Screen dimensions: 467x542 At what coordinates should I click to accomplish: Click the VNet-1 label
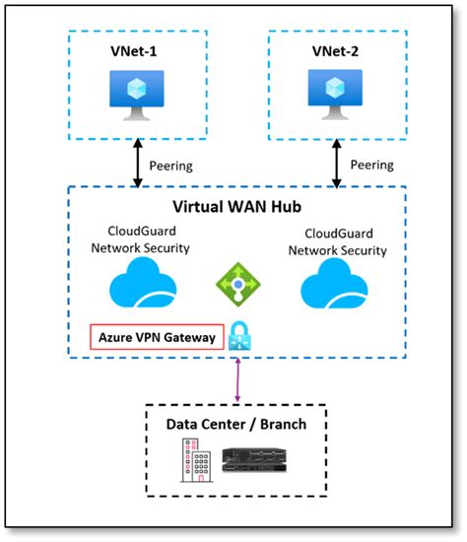[133, 51]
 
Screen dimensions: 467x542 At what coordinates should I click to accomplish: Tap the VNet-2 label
[335, 51]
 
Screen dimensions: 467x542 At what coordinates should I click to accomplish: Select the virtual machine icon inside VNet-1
[137, 96]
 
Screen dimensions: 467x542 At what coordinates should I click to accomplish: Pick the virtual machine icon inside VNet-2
[335, 95]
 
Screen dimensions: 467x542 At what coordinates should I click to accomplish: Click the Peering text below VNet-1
[170, 166]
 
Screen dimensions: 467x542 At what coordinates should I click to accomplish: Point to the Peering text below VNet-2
[372, 165]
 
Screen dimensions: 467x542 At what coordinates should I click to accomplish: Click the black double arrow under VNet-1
[138, 164]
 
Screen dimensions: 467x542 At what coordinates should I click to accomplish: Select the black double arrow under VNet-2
[337, 164]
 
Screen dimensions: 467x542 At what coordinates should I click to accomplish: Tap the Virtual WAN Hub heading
[237, 207]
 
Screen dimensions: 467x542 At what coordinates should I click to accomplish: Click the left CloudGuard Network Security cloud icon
[143, 283]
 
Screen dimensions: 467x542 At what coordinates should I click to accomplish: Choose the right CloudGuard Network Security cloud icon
[334, 284]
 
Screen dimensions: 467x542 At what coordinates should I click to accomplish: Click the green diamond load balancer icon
[238, 285]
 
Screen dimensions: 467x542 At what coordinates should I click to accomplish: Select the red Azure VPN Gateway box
[157, 337]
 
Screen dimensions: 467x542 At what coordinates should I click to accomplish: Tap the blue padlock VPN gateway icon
[239, 336]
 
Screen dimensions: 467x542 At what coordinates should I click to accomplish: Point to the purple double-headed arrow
[237, 380]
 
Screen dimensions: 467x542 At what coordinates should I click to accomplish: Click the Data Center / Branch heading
[236, 424]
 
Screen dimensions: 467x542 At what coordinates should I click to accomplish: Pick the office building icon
[196, 460]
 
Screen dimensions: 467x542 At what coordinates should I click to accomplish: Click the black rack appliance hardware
[254, 460]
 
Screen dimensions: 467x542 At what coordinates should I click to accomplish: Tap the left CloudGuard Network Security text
[141, 239]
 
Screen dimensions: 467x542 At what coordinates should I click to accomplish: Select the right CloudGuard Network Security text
[338, 242]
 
